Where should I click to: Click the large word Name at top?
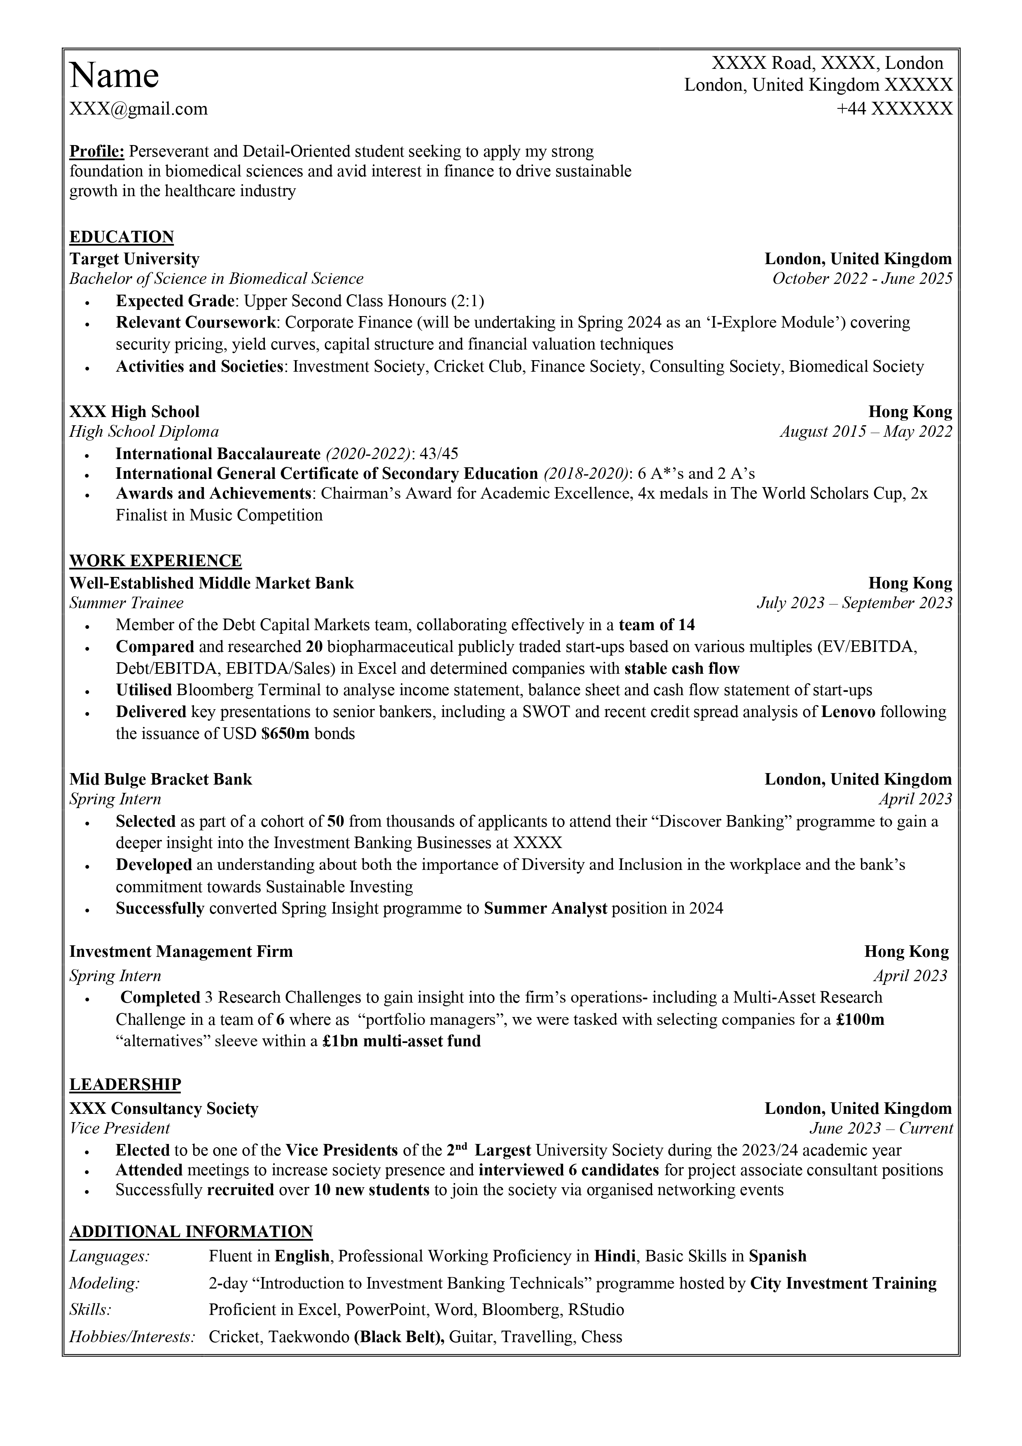114,75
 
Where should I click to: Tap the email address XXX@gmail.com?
138,109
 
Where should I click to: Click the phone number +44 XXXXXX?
894,109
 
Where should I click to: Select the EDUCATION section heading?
122,237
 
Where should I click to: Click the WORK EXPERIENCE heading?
156,560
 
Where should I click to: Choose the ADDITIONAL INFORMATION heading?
191,1231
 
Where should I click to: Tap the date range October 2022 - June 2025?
862,279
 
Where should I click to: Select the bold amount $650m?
285,734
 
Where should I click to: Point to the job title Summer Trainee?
126,603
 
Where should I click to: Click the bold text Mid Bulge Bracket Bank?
161,779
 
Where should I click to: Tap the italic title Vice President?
119,1127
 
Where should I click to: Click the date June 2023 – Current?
880,1127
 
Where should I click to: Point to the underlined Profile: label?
97,151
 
